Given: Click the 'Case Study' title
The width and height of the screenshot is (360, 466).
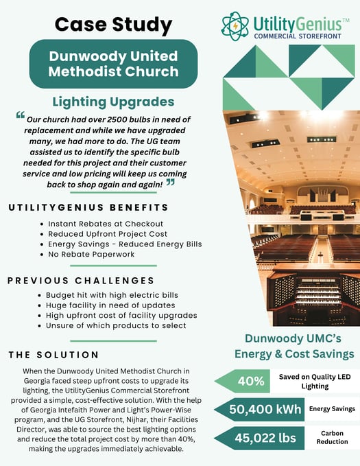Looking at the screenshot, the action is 113,25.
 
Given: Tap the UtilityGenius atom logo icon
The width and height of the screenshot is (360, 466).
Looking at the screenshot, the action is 235,25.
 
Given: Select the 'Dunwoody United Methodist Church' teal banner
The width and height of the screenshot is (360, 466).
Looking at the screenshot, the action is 113,64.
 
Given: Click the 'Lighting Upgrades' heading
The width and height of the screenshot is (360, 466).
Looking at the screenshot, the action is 113,102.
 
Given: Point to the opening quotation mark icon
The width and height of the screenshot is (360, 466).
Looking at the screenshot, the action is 20,115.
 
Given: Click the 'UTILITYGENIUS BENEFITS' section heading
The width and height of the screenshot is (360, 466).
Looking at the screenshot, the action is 88,207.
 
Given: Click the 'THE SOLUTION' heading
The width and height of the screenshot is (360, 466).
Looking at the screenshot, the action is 54,355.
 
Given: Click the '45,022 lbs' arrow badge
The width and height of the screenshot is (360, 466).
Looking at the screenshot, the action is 256,438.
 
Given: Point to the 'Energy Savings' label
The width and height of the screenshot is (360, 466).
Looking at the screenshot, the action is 332,409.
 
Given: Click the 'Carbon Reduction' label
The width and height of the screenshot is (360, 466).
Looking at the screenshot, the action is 332,438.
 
